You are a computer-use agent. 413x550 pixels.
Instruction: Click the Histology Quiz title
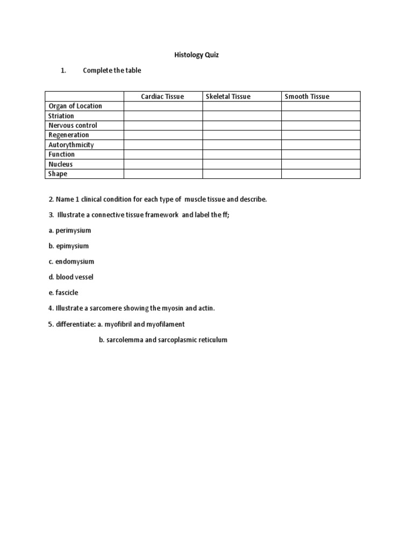(196, 55)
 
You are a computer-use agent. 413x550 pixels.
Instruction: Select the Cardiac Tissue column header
(162, 97)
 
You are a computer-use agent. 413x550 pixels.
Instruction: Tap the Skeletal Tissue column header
(228, 97)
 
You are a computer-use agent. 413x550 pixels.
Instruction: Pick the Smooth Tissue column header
(307, 97)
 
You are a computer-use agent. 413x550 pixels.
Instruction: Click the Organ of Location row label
(75, 106)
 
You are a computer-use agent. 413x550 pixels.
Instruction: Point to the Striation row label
(61, 116)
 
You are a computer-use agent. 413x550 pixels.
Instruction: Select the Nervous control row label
(73, 126)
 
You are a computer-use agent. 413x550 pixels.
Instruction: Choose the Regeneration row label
(69, 135)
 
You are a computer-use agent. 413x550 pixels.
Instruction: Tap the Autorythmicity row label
(71, 145)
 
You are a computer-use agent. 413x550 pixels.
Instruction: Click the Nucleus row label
(61, 164)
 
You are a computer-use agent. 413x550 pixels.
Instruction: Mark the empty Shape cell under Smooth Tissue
(321, 174)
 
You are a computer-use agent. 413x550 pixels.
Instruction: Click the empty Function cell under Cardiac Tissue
(163, 155)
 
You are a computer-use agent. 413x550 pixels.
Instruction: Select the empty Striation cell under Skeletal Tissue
(242, 116)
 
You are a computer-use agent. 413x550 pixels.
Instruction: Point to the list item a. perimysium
(70, 230)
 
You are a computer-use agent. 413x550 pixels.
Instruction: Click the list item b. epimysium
(69, 246)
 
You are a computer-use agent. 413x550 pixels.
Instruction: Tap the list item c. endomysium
(71, 262)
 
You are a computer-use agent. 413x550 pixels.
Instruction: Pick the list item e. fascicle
(63, 293)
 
